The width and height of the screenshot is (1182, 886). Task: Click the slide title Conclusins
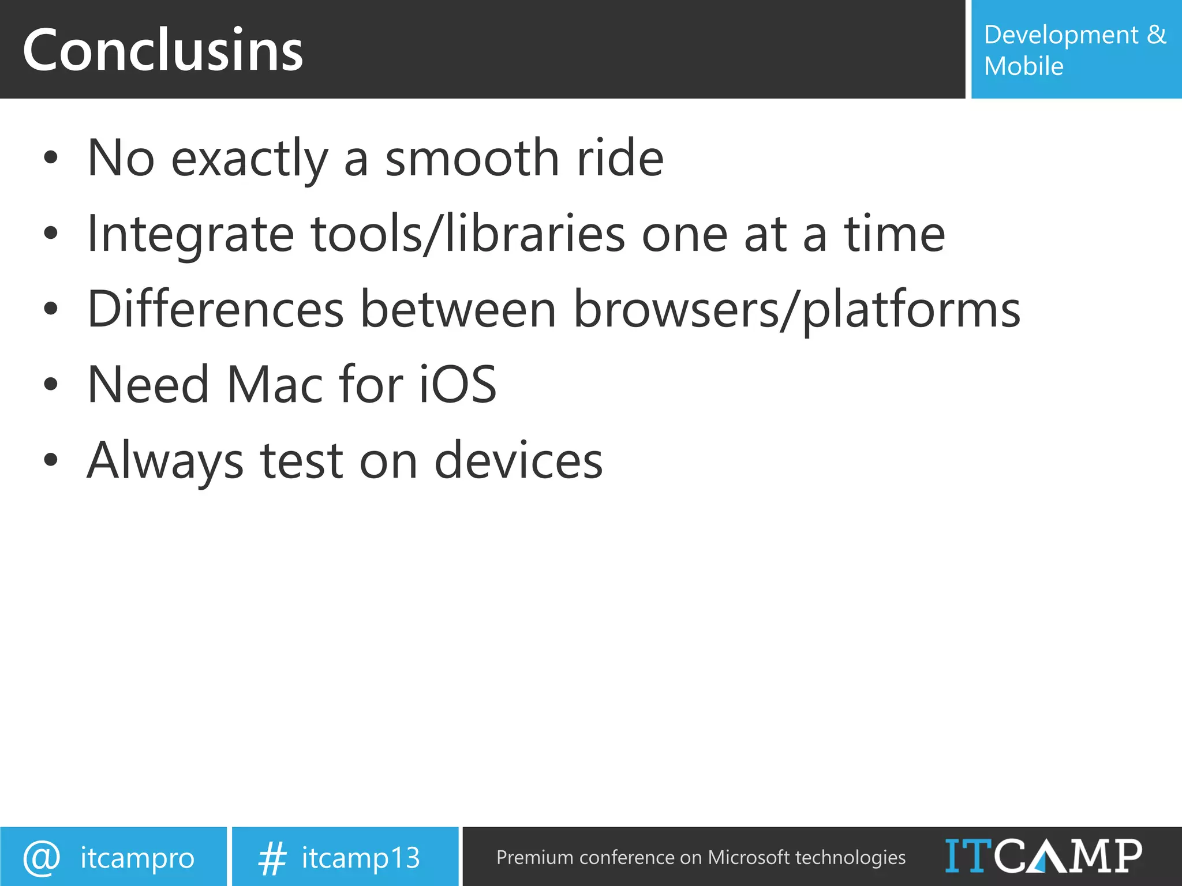click(163, 51)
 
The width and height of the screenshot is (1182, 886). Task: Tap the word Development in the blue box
click(1061, 35)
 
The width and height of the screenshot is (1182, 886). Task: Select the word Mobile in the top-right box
click(1023, 66)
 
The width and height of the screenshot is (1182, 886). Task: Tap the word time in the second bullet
click(895, 234)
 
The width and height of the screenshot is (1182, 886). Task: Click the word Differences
click(215, 310)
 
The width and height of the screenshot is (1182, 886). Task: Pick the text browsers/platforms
click(796, 310)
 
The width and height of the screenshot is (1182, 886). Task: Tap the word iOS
click(457, 385)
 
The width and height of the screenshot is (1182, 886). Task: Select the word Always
click(165, 460)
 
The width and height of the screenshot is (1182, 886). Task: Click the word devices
click(518, 460)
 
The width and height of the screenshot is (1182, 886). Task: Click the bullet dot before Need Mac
click(51, 385)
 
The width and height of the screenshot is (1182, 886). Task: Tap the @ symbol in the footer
click(42, 858)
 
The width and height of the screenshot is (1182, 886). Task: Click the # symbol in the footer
click(272, 858)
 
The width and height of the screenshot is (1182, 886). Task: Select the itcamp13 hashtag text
click(361, 858)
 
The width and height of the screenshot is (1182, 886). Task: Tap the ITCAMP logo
click(1043, 856)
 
